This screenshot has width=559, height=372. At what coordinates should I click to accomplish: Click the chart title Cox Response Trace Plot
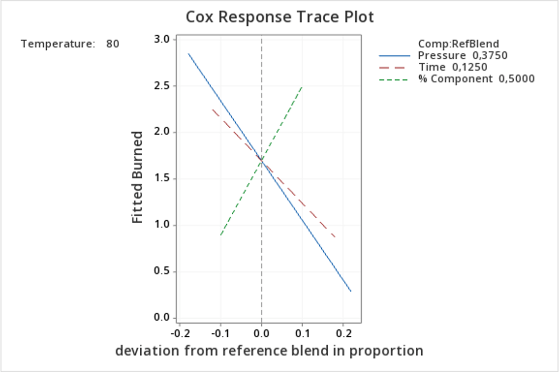point(279,17)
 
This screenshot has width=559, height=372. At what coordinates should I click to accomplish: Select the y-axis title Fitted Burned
point(138,177)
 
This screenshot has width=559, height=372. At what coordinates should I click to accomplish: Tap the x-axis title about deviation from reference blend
point(269,350)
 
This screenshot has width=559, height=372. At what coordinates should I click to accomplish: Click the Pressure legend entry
point(462,55)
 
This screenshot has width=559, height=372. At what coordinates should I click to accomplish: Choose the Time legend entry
point(452,67)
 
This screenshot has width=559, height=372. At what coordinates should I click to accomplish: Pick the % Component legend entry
point(476,78)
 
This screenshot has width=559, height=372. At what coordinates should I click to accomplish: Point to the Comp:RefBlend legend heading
point(458,44)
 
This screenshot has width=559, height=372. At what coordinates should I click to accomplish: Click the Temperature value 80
point(113,44)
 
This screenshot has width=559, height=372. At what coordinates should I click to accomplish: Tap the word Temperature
point(58,44)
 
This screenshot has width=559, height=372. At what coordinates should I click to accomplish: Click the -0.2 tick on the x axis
point(179,333)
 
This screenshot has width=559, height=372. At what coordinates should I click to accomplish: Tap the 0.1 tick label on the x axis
point(302,333)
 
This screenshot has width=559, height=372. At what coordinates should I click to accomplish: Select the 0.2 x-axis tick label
point(343,333)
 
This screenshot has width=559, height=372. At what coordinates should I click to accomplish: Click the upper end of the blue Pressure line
point(189,53)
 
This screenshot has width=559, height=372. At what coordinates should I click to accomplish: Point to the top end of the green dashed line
point(302,86)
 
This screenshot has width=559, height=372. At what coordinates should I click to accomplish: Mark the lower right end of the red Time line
point(335,237)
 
